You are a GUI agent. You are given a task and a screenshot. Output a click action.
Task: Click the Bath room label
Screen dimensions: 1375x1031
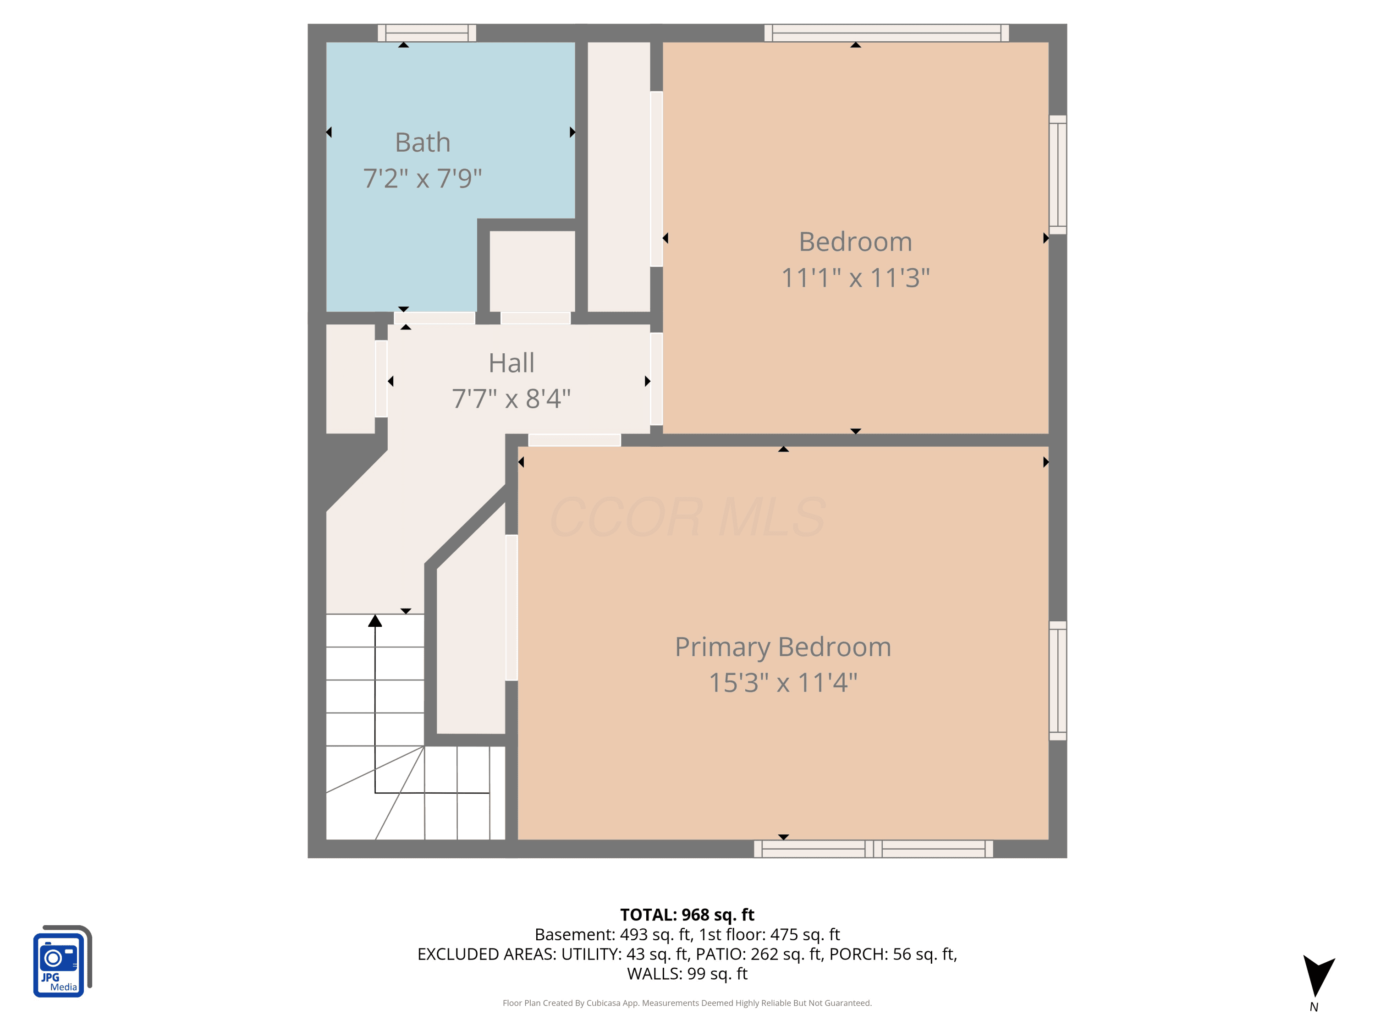423,143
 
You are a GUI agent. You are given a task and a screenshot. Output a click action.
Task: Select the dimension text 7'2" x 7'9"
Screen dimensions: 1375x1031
423,178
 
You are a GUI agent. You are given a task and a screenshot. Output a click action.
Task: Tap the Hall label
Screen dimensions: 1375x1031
511,363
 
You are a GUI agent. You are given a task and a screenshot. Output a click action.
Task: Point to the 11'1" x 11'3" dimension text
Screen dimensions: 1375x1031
855,278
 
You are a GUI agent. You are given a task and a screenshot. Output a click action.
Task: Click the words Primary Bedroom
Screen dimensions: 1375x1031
783,647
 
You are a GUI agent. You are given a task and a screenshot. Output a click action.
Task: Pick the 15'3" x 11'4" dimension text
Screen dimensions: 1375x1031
783,682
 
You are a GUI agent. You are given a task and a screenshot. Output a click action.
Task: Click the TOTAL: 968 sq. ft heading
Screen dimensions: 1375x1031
687,915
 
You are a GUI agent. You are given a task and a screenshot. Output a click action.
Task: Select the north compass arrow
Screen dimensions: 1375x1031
1318,975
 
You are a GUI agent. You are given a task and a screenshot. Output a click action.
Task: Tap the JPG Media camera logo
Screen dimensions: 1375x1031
62,961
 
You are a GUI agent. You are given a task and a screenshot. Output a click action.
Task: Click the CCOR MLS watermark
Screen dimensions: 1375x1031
687,516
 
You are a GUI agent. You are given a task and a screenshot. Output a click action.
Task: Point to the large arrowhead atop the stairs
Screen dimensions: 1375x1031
375,620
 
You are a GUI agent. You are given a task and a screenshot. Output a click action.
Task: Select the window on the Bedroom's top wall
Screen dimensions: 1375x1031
886,33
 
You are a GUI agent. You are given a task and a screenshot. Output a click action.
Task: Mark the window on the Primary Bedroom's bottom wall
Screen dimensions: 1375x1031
874,849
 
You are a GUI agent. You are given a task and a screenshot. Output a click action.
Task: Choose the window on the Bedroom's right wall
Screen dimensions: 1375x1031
1058,175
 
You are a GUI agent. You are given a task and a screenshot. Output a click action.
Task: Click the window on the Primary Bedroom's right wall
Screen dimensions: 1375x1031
1058,680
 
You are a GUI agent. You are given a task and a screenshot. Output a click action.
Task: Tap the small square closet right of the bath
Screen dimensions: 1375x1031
532,271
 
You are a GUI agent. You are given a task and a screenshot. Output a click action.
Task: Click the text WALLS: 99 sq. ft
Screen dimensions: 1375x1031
687,974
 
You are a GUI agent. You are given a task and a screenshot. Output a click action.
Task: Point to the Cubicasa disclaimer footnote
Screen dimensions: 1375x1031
687,1003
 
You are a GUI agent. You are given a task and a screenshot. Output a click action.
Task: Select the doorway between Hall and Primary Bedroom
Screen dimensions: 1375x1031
574,440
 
